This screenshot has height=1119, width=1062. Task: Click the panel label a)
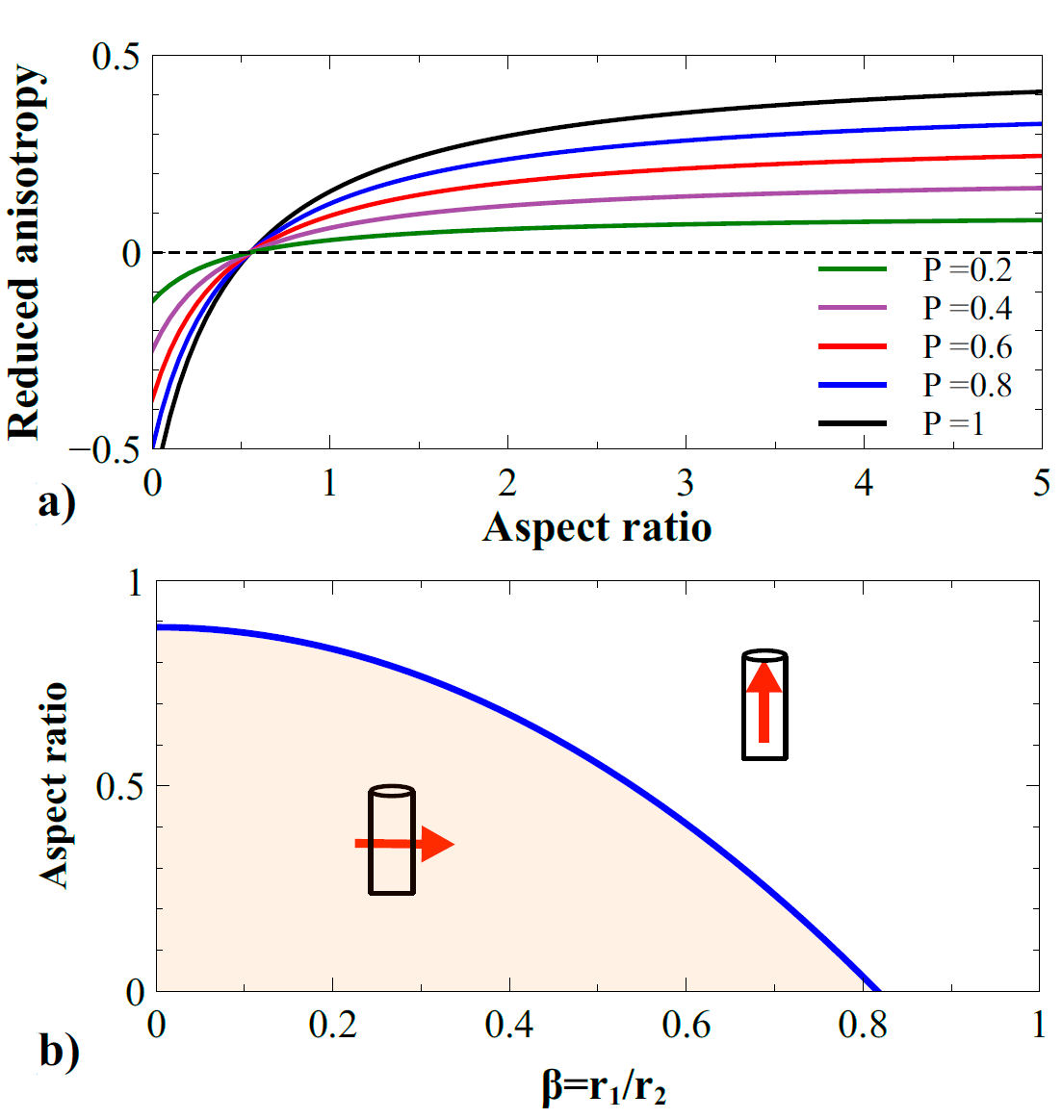coord(56,501)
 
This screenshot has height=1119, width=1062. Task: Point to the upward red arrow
coord(764,701)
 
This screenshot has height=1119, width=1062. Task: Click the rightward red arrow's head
coord(438,844)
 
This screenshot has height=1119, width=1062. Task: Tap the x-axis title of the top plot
coord(597,527)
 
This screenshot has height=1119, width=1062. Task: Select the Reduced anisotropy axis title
coord(25,252)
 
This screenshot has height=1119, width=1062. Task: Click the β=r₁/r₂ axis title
coord(604,1088)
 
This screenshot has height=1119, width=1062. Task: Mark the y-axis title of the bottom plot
coord(55,785)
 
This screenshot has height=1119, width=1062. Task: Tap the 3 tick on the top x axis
coord(686,482)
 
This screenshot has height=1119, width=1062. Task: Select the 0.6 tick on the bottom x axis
coord(686,1026)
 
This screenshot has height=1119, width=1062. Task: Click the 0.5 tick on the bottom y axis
coord(119,786)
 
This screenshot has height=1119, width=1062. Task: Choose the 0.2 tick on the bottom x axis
coord(332,1026)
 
